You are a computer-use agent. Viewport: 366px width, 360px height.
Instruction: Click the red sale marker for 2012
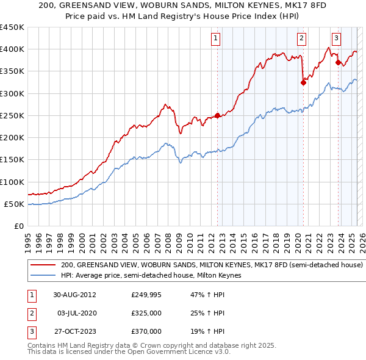[217, 115]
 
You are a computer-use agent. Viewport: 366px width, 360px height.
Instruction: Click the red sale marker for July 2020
[303, 83]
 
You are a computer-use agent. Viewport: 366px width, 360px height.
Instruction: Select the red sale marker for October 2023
[338, 62]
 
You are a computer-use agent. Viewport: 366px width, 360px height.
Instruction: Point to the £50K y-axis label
[14, 204]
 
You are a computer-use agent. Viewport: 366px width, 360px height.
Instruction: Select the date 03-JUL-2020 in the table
[77, 313]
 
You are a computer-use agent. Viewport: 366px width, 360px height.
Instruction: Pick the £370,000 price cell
[146, 331]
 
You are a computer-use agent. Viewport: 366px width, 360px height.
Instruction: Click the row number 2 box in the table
[31, 313]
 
